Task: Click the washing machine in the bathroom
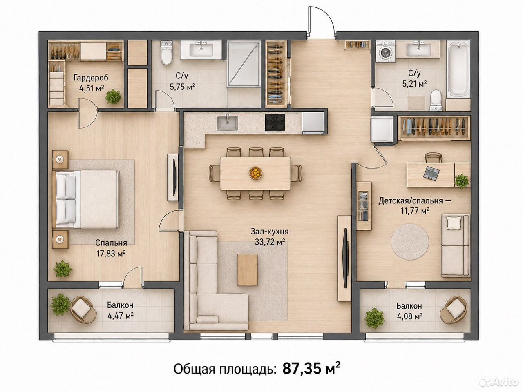385,51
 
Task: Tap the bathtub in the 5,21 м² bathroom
458,69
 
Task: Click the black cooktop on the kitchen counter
275,123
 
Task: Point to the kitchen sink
227,123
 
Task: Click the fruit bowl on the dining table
255,173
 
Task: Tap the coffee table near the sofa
247,269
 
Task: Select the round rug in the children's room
410,242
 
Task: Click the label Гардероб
91,78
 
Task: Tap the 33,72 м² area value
270,242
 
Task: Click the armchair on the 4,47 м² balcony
83,310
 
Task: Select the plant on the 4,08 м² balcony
374,318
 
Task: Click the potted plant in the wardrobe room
113,97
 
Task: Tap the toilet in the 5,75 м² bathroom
166,53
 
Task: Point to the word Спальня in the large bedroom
111,243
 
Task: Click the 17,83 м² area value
111,254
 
